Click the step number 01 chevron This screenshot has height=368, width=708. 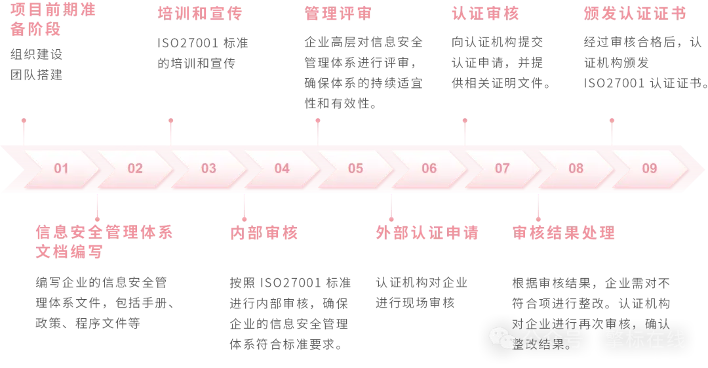(61, 169)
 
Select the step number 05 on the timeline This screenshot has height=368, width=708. (355, 169)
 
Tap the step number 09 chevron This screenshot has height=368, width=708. (649, 169)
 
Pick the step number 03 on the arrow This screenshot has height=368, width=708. (208, 169)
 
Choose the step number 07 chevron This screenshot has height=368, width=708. (502, 169)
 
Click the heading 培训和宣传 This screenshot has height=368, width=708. (200, 13)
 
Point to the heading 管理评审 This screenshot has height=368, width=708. (338, 13)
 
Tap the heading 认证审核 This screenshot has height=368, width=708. (485, 13)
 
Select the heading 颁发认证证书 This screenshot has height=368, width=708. (634, 13)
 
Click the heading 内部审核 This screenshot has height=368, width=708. (264, 232)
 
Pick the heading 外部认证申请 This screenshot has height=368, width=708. (427, 232)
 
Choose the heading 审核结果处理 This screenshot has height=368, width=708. (564, 232)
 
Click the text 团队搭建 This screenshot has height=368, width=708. (37, 75)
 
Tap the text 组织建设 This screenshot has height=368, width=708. (37, 54)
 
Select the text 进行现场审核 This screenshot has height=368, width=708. (415, 303)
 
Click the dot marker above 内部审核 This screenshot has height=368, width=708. (244, 219)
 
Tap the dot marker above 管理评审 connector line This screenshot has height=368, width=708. (318, 121)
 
